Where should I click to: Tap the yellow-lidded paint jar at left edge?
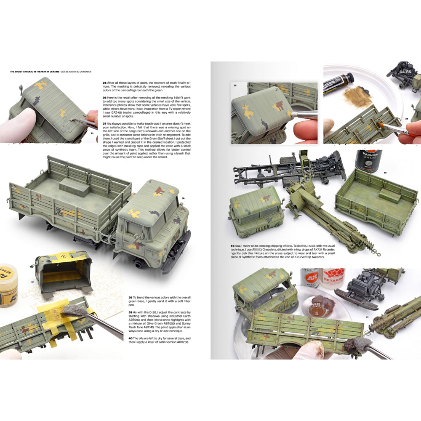(8, 285)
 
